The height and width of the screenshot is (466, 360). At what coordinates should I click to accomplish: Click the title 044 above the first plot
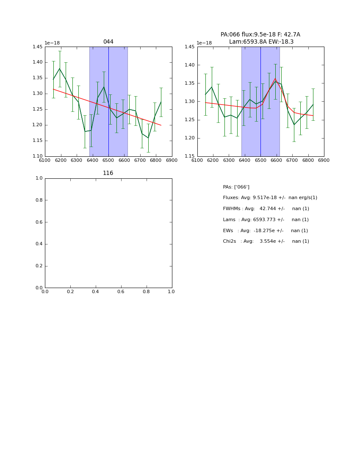pyautogui.click(x=108, y=42)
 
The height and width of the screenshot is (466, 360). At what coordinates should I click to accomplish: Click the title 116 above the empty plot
pyautogui.click(x=108, y=173)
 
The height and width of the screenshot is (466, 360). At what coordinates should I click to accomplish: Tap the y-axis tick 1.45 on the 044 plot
pyautogui.click(x=38, y=47)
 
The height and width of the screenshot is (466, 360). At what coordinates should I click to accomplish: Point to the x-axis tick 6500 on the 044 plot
pyautogui.click(x=108, y=161)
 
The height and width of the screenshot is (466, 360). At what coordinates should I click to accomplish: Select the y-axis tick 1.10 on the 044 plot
pyautogui.click(x=38, y=156)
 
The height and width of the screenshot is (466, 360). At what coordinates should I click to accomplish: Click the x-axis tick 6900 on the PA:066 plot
pyautogui.click(x=324, y=161)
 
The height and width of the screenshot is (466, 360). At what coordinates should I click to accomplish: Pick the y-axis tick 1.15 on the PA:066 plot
pyautogui.click(x=190, y=156)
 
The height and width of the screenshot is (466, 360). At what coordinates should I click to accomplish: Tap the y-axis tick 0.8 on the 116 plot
pyautogui.click(x=39, y=200)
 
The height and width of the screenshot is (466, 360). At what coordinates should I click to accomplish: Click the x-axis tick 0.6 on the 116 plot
pyautogui.click(x=121, y=292)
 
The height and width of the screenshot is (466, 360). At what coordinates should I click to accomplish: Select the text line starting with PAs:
pyautogui.click(x=236, y=187)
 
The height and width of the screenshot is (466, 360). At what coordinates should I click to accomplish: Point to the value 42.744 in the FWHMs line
pyautogui.click(x=268, y=209)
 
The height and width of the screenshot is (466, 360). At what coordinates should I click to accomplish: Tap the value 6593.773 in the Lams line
pyautogui.click(x=266, y=220)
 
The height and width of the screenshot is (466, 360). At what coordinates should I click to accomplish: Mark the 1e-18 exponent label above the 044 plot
pyautogui.click(x=53, y=43)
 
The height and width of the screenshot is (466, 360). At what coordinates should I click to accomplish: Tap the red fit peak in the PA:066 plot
pyautogui.click(x=275, y=79)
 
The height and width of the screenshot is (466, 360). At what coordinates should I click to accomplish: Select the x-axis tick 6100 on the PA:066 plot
pyautogui.click(x=197, y=161)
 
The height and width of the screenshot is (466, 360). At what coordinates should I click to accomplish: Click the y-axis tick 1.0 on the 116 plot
pyautogui.click(x=39, y=178)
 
